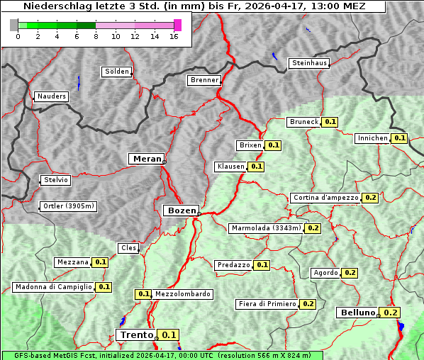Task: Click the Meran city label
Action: pos(147,159)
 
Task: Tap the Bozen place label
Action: pos(181,210)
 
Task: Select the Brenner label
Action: pos(204,80)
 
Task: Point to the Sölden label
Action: pos(117,72)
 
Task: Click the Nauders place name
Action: pos(51,96)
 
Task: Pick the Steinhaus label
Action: pos(310,63)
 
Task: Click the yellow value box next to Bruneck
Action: pos(330,122)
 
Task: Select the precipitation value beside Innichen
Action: pos(400,138)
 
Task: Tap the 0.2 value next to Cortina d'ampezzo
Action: pos(370,198)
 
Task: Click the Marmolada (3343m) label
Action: pos(266,228)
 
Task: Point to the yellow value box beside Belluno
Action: pos(391,313)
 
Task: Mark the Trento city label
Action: pos(136,335)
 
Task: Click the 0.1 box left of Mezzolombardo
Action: pos(143,294)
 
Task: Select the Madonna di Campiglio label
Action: pos(53,287)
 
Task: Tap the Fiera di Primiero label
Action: pos(267,304)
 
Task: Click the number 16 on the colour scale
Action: pos(174,37)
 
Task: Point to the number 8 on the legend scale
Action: pos(96,37)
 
